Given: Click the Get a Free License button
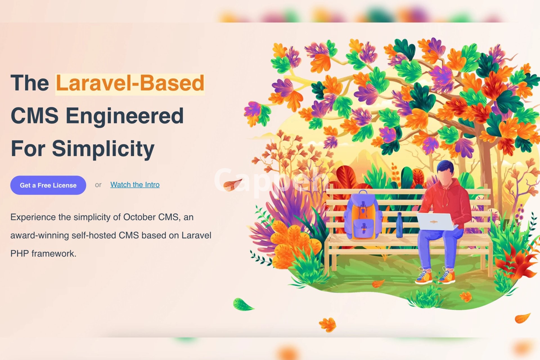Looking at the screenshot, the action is click(48, 185).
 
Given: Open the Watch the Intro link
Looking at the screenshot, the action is click(135, 184).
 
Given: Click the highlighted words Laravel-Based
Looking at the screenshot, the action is click(130, 83).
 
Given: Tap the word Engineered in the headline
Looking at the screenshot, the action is click(125, 116).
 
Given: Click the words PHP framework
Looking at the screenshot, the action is click(43, 253).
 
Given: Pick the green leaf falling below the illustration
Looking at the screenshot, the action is click(242, 305).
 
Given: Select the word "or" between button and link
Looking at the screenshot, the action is click(98, 185).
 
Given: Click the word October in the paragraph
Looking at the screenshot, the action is click(139, 217).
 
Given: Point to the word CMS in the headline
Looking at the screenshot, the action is click(35, 116).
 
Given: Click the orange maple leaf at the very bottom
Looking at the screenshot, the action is click(327, 325).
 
